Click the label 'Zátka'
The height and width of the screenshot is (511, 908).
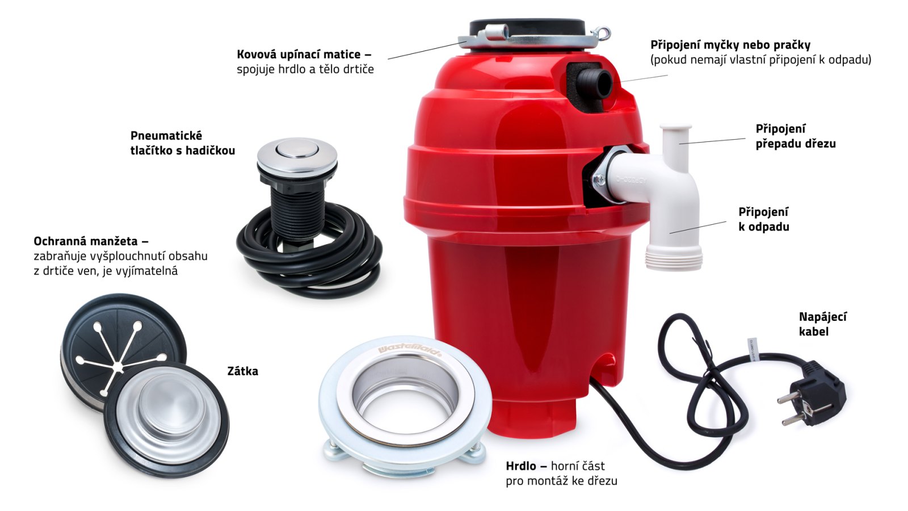click(x=242, y=371)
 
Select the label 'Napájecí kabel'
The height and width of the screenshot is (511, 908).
click(x=822, y=324)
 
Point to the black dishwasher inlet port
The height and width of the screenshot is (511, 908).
click(x=594, y=83)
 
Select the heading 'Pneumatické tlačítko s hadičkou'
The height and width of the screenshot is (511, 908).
click(x=183, y=143)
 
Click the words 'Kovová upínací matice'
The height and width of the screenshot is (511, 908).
click(x=299, y=55)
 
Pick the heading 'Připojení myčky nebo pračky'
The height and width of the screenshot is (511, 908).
click(x=730, y=45)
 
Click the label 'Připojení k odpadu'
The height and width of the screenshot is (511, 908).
click(x=764, y=219)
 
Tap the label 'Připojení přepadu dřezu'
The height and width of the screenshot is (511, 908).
click(x=795, y=136)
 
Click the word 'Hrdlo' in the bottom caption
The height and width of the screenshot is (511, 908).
click(x=520, y=466)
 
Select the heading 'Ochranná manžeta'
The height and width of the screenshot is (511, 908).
click(x=86, y=241)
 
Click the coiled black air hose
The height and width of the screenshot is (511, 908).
click(x=309, y=259)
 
